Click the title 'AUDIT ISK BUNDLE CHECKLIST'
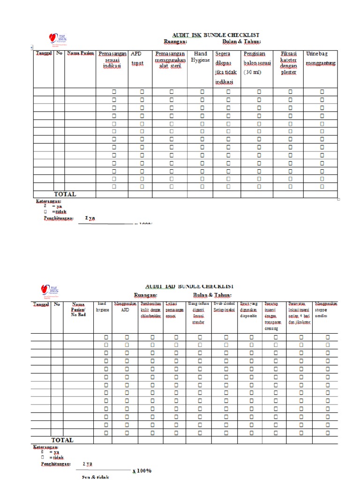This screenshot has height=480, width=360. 215,35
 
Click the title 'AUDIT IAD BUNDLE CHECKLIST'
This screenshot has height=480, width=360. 189,286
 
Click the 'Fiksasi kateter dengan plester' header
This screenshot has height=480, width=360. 288,63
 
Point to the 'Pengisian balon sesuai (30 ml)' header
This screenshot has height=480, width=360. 258,63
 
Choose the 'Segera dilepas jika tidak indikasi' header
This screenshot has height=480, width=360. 226,68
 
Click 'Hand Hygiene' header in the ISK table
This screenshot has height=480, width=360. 200,57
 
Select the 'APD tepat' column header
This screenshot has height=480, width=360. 137,59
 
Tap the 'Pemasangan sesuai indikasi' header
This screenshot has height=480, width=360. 112,60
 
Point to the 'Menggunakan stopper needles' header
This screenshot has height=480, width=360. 325,309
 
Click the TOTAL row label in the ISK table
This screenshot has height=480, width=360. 65,194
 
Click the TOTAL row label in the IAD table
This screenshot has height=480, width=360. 62,440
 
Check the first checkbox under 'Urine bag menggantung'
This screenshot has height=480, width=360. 322,92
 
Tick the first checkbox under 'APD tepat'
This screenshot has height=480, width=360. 142,92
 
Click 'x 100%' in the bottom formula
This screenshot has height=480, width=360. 142,470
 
